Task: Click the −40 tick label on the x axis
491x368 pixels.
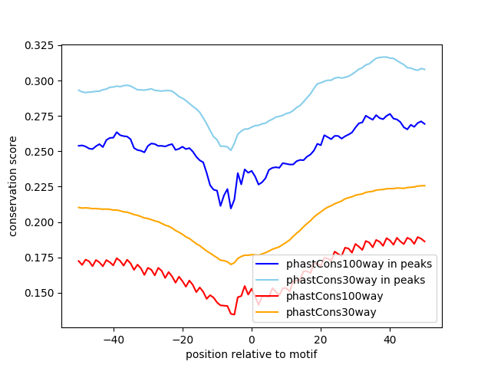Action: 113,339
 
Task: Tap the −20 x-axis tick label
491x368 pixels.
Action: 182,339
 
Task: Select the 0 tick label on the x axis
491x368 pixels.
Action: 252,339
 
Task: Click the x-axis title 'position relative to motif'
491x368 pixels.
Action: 252,354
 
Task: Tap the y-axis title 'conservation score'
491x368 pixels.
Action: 14,186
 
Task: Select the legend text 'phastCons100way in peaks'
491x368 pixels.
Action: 359,264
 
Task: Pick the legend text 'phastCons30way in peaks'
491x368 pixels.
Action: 356,280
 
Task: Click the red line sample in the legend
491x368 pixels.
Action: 269,296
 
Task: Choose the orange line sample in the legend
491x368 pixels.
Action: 269,312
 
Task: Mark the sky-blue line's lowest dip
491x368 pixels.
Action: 230,149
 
